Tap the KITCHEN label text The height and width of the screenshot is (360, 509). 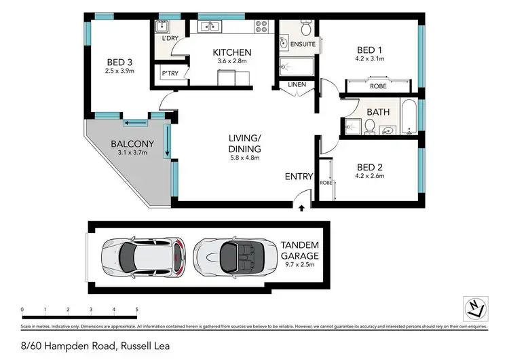(x=232, y=52)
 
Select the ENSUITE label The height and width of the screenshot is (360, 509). (x=303, y=44)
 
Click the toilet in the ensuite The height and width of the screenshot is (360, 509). (x=305, y=28)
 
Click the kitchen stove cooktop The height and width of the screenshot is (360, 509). (x=261, y=27)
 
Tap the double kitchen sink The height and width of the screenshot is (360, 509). (x=209, y=27)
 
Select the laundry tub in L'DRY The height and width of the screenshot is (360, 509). (x=163, y=26)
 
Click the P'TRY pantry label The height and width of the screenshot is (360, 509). (x=169, y=73)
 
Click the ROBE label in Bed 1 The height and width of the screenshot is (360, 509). (x=378, y=87)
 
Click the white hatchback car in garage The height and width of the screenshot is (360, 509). (x=142, y=255)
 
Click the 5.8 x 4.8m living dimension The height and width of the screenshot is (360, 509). (x=245, y=158)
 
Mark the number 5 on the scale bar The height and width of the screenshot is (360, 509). (x=137, y=309)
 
